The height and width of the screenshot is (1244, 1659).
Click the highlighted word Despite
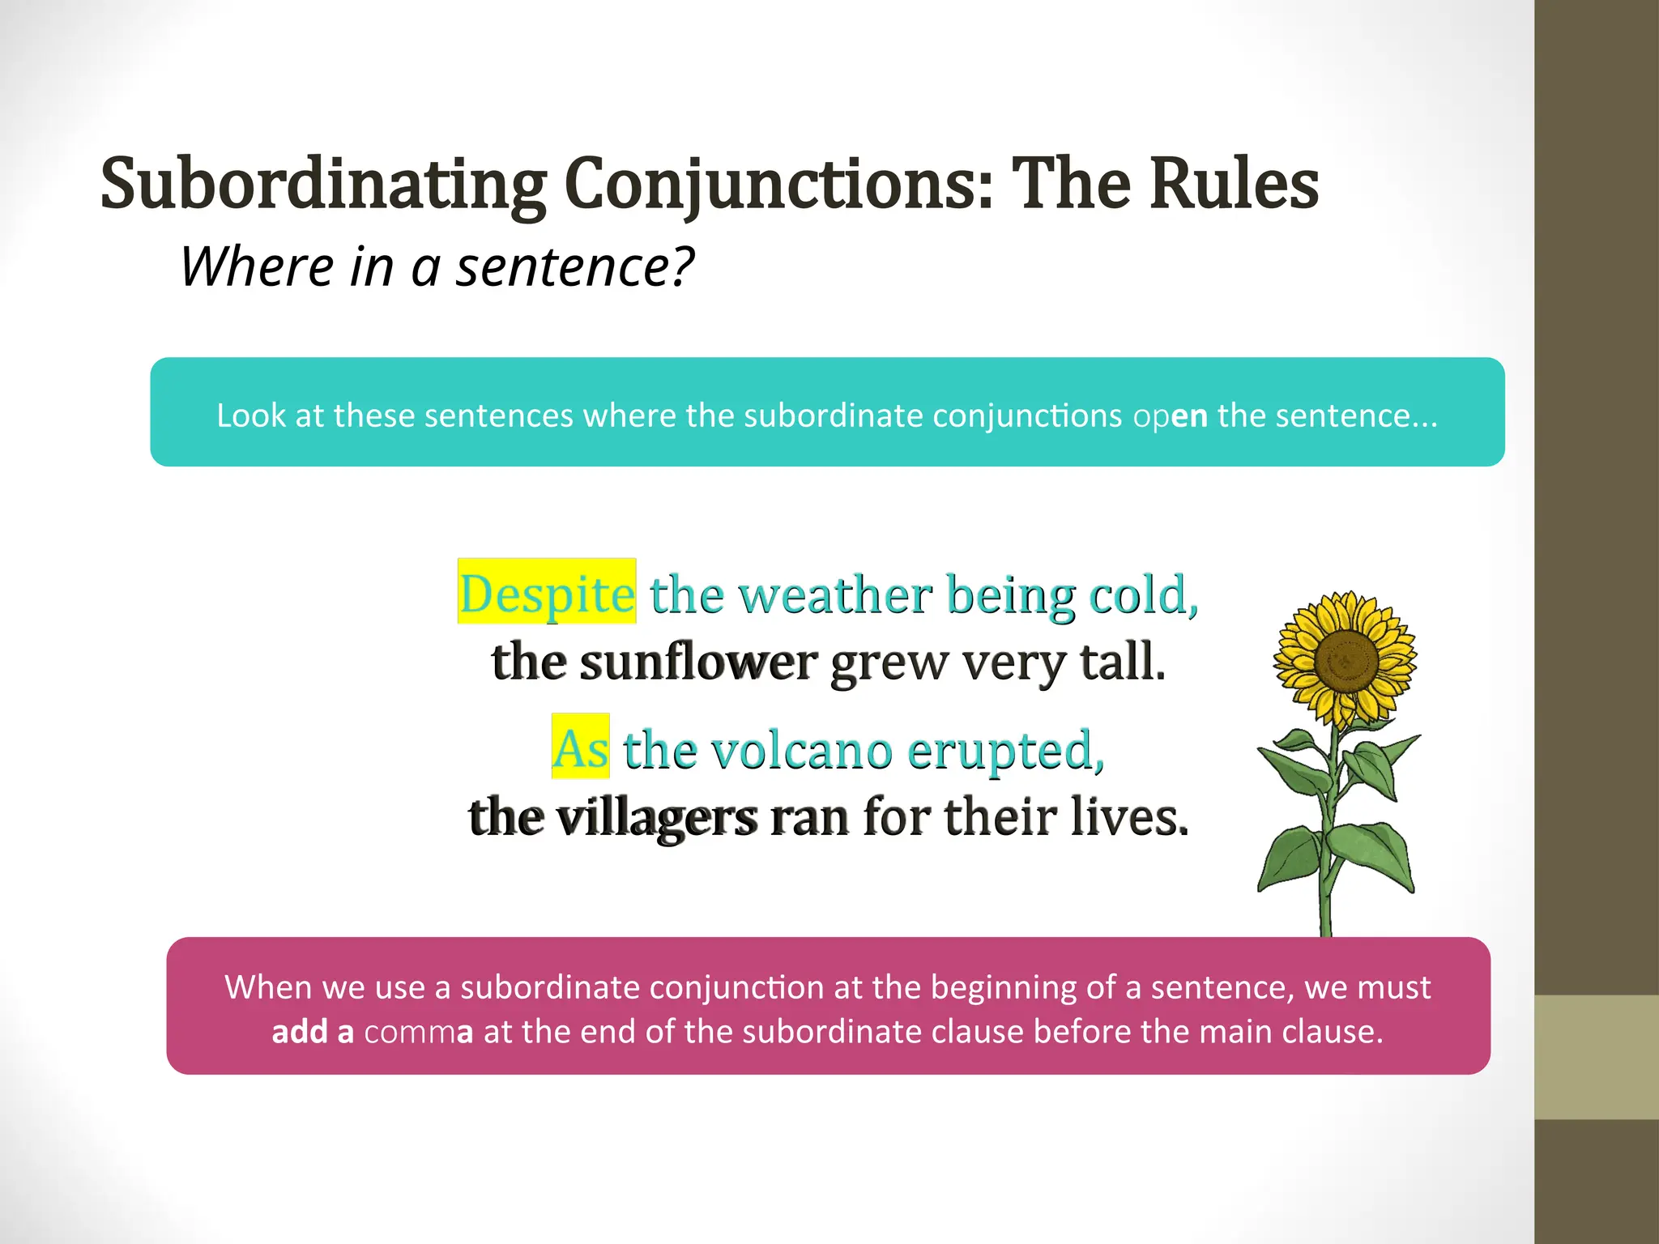point(547,594)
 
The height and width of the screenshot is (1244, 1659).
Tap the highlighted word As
point(580,748)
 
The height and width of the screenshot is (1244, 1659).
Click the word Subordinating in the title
point(323,185)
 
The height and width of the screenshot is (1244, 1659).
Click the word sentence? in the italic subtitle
point(575,266)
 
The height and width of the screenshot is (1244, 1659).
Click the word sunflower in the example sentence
point(698,662)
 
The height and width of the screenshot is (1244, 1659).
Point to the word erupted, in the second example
point(1005,750)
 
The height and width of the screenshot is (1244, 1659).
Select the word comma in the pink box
point(418,1032)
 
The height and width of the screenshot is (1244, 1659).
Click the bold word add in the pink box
point(299,1032)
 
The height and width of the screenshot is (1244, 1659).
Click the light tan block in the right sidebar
point(1597,1057)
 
